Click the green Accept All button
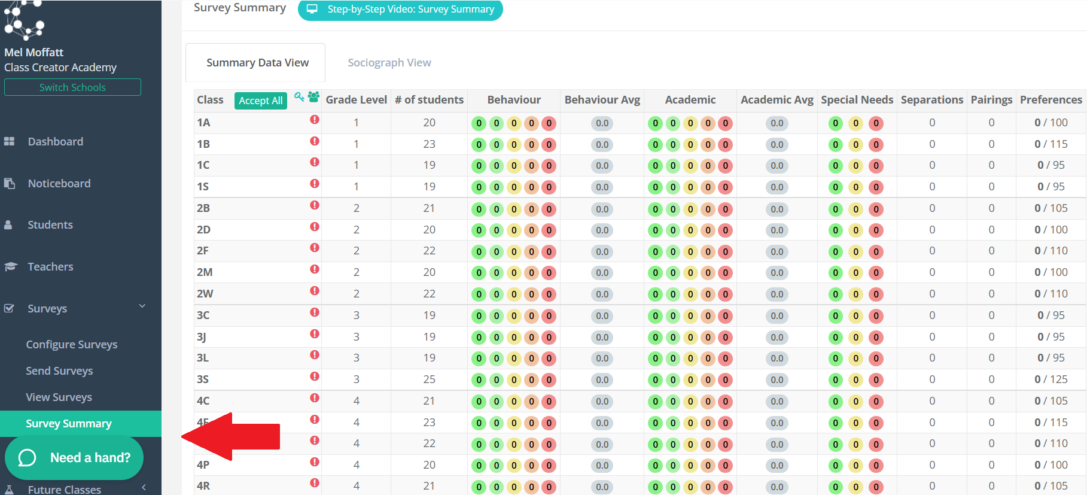click(x=261, y=101)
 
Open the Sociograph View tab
click(x=389, y=63)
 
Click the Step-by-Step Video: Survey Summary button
click(x=400, y=10)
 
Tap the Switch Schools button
click(x=72, y=87)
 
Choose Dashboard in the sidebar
click(x=56, y=142)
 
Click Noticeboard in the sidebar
click(x=59, y=184)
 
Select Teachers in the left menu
click(x=50, y=267)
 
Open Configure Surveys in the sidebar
click(x=72, y=345)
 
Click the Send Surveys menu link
click(x=59, y=371)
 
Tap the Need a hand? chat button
click(x=74, y=458)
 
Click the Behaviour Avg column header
click(x=602, y=100)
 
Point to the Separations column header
click(x=932, y=100)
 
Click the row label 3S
click(x=203, y=379)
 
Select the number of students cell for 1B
click(x=430, y=144)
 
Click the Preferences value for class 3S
click(x=1051, y=379)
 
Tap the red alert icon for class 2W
click(x=315, y=291)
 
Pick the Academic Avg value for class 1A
click(x=777, y=123)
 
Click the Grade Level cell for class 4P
click(x=357, y=465)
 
